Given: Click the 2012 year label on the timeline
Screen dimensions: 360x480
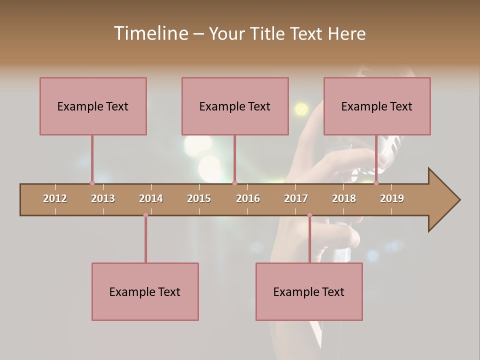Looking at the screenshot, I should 55,198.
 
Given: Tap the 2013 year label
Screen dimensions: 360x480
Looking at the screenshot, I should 103,198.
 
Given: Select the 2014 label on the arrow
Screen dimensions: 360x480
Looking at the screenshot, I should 151,198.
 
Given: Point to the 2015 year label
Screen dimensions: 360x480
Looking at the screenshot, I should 199,198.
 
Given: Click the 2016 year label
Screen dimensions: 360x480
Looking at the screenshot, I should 248,198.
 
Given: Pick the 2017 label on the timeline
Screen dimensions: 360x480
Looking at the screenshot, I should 296,198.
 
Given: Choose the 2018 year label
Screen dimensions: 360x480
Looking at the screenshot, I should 344,198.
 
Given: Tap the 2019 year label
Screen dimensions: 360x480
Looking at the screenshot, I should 392,198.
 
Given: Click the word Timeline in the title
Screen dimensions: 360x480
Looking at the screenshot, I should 150,33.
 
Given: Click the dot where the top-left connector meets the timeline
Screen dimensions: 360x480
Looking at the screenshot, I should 92,183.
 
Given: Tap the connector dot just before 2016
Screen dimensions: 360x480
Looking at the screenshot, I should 234,183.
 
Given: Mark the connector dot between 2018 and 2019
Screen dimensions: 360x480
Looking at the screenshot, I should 376,183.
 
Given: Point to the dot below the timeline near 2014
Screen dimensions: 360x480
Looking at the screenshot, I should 145,215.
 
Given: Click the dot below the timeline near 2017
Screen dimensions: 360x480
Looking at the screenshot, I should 309,215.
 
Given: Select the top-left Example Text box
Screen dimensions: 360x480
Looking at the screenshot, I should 93,106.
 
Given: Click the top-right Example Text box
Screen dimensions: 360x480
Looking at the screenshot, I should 377,106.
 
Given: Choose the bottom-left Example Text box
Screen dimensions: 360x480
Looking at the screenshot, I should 145,291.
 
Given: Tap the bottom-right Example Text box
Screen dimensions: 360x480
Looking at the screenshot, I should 309,291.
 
